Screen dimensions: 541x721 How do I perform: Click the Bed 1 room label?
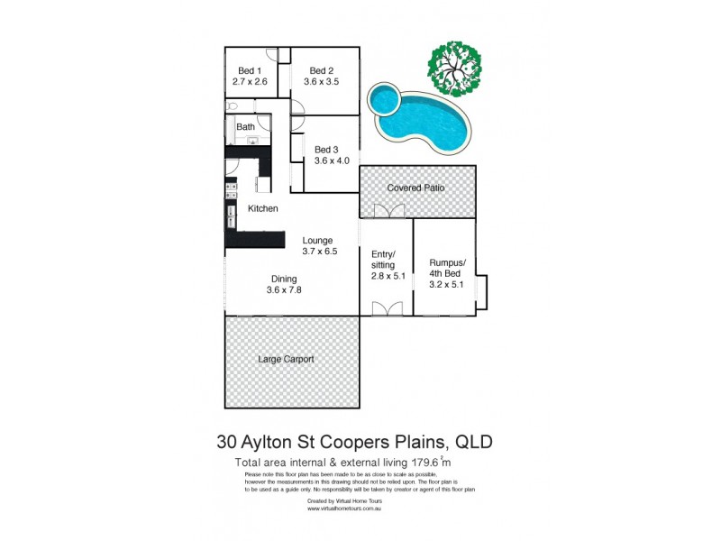coord(250,71)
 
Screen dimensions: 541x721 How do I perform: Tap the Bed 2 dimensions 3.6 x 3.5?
coord(322,82)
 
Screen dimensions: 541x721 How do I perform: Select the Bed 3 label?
coord(326,150)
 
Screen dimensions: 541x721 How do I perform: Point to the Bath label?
coord(245,127)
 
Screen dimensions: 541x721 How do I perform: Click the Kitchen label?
coord(263,209)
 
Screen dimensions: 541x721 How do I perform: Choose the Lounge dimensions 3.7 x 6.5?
coord(319,252)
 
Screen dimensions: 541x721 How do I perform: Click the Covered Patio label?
coord(415,188)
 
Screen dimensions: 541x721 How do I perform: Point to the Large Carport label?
coord(286,359)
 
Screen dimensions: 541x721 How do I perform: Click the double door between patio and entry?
coord(386,212)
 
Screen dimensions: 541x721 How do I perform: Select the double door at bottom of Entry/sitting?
coord(386,309)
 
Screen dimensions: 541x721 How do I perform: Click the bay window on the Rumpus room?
coord(483,290)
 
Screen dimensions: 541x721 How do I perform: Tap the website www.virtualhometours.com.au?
coord(346,509)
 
